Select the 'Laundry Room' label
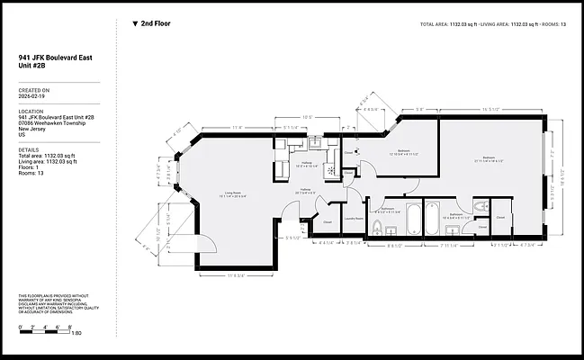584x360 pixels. tap(355, 219)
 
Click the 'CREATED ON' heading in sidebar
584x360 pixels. tap(33, 90)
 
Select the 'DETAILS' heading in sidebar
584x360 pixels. tap(30, 150)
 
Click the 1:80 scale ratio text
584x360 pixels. tap(76, 333)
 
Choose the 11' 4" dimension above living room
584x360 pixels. tap(238, 127)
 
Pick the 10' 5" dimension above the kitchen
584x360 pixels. tap(307, 117)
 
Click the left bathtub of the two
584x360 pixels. tap(414, 216)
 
